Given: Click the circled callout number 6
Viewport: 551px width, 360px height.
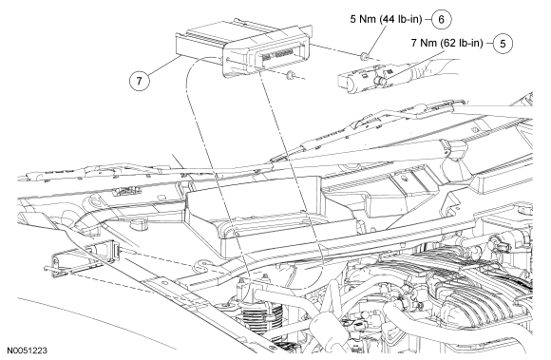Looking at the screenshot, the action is (441, 19).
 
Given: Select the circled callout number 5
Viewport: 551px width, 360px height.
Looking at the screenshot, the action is (503, 43).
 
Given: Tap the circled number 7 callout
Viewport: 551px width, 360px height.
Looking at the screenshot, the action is (139, 81).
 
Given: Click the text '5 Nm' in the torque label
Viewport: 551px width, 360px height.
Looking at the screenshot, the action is (363, 19).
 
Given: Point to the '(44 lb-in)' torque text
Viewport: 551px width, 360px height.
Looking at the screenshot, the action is (401, 19).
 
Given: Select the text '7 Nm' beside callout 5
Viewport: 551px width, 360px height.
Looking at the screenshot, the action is (424, 43).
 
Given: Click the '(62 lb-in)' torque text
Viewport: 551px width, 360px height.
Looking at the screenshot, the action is (462, 43).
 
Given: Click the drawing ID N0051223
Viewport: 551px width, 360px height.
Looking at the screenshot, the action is (28, 351).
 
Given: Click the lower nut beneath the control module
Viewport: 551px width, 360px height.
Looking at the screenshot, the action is (290, 75).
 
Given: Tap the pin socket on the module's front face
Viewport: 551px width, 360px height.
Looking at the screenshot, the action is (278, 54).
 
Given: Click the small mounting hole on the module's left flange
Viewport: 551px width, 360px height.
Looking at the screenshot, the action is (229, 60).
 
